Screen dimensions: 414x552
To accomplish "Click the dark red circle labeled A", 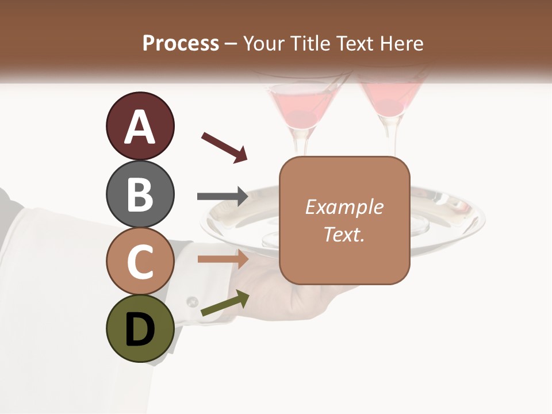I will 140,126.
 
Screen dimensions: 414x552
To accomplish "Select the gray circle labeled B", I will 140,194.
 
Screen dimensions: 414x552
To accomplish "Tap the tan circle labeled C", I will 140,262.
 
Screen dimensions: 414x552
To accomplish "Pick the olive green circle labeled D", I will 140,329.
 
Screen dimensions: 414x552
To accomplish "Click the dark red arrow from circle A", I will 224,147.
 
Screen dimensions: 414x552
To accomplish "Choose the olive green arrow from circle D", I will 225,304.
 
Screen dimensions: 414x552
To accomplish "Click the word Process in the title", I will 181,43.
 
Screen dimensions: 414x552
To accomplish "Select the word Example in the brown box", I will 344,207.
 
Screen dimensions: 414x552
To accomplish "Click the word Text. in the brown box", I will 344,234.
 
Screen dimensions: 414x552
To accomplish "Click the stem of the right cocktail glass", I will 393,138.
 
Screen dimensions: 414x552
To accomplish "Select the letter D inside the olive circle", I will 140,329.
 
